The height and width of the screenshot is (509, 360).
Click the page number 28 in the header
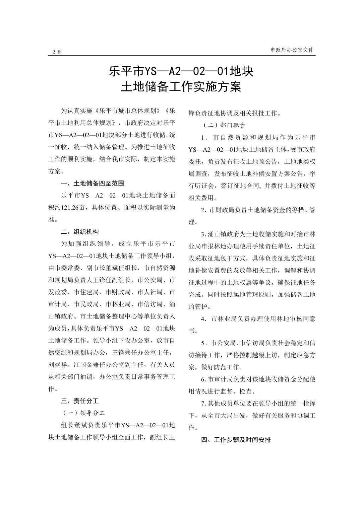click(56, 52)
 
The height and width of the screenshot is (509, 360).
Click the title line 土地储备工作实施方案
click(181, 87)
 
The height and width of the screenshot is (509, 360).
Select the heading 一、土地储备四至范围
click(93, 183)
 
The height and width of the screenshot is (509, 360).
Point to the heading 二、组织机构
click(80, 232)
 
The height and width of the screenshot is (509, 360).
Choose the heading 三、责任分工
click(80, 401)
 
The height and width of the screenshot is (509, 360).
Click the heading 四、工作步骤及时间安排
click(236, 440)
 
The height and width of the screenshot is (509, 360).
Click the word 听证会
click(207, 186)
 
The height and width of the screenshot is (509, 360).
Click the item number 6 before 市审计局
click(203, 379)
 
